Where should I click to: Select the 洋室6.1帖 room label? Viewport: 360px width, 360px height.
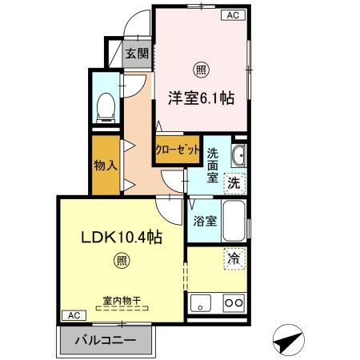tap(200, 98)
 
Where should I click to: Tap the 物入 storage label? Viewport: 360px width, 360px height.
tap(105, 167)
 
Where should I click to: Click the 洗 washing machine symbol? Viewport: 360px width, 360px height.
tap(233, 182)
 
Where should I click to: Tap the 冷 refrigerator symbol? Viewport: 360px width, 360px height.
tap(234, 258)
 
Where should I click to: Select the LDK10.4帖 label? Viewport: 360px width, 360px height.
tap(119, 238)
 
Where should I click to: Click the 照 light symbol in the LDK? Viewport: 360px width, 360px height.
tap(121, 260)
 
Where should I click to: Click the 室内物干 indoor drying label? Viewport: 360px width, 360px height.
tap(122, 301)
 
